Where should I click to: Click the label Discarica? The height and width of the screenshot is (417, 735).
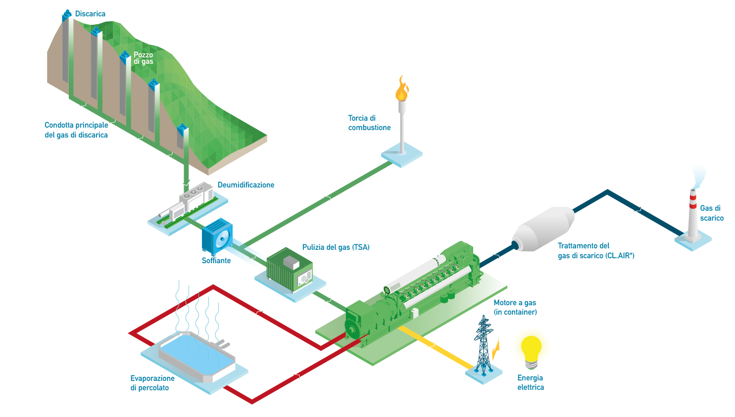point(90,14)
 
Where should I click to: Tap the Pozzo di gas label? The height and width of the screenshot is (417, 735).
point(144,58)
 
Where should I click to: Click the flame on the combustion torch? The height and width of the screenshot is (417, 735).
point(401,90)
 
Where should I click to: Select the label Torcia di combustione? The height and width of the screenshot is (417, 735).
point(369,123)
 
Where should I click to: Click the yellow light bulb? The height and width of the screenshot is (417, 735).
point(531,349)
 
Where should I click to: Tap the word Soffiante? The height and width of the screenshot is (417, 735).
point(216,261)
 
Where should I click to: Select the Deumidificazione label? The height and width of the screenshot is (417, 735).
point(246,185)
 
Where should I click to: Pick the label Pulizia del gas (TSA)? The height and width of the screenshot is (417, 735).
point(336,247)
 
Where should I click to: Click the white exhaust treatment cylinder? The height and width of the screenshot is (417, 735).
point(543,230)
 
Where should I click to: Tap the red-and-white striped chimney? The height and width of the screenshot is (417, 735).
point(692,213)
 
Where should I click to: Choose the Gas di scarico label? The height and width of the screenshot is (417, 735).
point(711,213)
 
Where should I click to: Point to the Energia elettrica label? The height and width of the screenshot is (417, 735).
point(531,382)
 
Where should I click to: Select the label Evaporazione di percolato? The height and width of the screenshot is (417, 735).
point(152,383)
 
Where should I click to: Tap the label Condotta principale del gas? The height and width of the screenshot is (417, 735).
point(76,130)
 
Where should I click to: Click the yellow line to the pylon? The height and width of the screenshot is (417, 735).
point(436,347)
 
